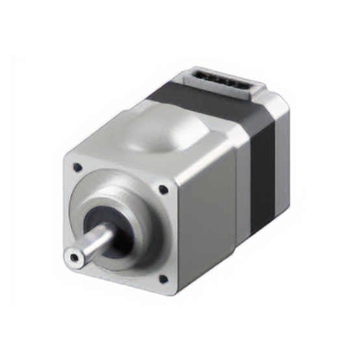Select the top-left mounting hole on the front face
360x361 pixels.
[78, 167]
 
